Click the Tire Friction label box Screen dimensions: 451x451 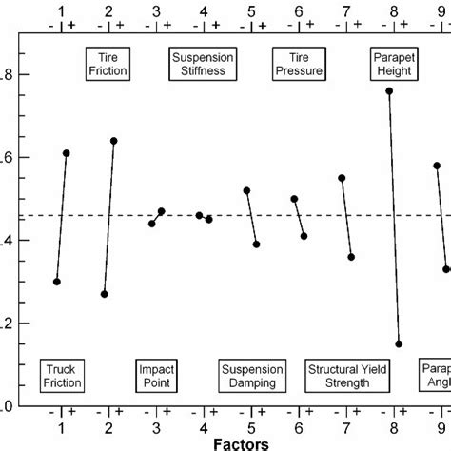[108, 64]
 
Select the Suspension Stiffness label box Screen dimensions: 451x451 [203, 64]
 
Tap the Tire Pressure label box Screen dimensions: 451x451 [298, 64]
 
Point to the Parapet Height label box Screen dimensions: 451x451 [393, 64]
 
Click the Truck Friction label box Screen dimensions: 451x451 [61, 376]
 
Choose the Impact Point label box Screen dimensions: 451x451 [156, 376]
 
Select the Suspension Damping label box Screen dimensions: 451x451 [251, 376]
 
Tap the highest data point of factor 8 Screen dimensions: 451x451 [389, 91]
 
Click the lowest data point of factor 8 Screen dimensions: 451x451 [399, 344]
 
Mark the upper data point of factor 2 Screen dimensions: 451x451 [114, 141]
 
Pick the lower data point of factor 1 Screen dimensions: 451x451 [57, 282]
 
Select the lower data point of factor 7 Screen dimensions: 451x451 [351, 257]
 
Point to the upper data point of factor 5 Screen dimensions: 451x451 [246, 190]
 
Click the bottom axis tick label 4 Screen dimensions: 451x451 [204, 426]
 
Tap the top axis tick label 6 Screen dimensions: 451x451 [299, 10]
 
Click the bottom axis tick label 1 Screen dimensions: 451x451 [62, 426]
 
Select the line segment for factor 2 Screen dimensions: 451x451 [109, 218]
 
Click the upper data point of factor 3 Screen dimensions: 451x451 [162, 211]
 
